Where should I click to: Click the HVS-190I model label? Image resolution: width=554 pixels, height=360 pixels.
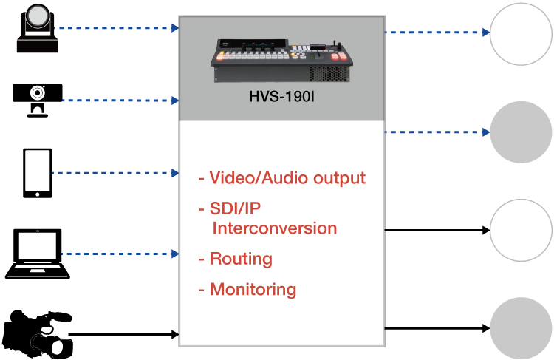(x=282, y=96)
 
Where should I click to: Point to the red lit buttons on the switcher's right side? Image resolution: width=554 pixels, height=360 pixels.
(x=338, y=56)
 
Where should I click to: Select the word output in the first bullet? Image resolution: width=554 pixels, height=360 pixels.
(x=336, y=178)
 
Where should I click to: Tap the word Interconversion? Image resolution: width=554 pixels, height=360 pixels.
(x=274, y=228)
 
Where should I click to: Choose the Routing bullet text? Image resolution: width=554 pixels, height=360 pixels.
(x=241, y=259)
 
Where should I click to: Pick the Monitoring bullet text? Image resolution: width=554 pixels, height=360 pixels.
(x=253, y=289)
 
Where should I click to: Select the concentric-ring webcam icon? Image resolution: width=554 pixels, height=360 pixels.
(x=37, y=93)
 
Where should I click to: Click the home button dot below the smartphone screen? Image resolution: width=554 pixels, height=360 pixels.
(x=38, y=194)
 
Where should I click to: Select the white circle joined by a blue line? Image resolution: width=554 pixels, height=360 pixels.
(x=521, y=33)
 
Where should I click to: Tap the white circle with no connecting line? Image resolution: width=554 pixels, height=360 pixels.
(x=521, y=229)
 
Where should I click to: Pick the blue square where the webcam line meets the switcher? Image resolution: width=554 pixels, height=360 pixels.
(x=175, y=101)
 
